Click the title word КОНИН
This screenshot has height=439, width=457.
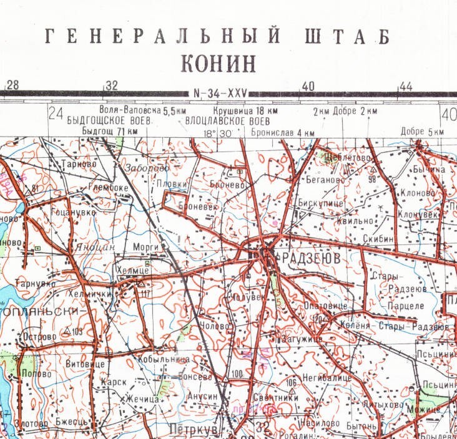click(x=218, y=64)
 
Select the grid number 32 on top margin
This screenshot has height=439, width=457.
click(x=112, y=85)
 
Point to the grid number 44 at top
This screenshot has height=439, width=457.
click(x=406, y=85)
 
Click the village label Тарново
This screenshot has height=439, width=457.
click(x=79, y=164)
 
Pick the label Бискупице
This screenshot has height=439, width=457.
click(x=320, y=203)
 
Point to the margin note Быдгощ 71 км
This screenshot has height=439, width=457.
click(x=110, y=132)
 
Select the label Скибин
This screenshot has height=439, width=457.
click(x=378, y=239)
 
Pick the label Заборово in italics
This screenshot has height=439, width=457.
click(x=146, y=168)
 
